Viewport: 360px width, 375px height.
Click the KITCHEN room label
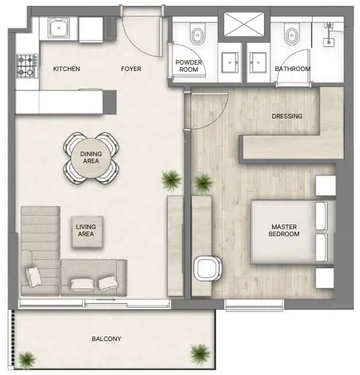67,69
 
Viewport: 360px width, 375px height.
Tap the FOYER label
131,69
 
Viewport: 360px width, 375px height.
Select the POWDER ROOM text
188,66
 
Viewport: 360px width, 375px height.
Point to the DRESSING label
287,116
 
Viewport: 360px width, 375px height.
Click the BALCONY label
106,339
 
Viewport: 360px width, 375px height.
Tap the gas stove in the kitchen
27,66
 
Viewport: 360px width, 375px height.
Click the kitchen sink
59,28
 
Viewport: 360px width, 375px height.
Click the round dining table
91,158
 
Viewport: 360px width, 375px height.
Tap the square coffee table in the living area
87,232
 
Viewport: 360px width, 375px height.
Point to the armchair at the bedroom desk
208,268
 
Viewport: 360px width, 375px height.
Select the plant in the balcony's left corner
26,360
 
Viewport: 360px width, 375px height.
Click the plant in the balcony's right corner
200,353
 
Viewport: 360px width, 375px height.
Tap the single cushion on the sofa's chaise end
34,276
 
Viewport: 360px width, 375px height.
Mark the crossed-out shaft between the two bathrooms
244,24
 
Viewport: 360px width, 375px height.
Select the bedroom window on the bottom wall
254,305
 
